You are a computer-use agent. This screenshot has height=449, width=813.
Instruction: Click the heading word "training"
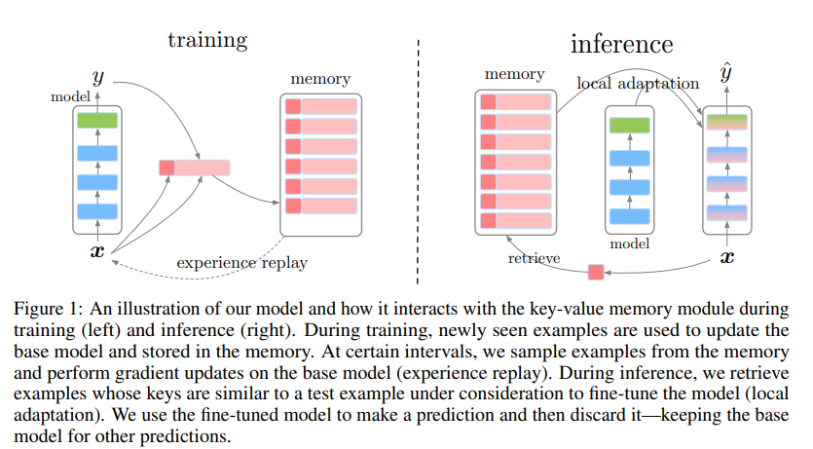pos(207,40)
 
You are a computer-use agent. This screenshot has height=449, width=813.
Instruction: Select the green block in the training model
pos(96,121)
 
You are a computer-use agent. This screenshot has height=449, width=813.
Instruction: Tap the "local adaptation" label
pos(638,84)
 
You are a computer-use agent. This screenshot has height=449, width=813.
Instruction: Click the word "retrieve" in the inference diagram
pos(533,258)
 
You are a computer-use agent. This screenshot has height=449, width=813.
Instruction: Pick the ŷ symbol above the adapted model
pos(725,75)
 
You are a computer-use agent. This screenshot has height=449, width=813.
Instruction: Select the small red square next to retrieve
pos(596,272)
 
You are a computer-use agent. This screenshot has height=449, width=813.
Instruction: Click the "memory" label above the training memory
pos(320,78)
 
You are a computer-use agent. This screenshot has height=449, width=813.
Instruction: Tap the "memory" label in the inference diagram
pos(513,74)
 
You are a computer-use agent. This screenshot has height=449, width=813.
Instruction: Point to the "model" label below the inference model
pos(628,244)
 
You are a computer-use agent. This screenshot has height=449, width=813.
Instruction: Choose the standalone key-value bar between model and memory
pos(195,168)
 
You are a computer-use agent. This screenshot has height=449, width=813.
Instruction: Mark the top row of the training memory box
pos(321,107)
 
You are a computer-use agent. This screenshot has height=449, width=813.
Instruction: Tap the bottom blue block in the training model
pos(96,210)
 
